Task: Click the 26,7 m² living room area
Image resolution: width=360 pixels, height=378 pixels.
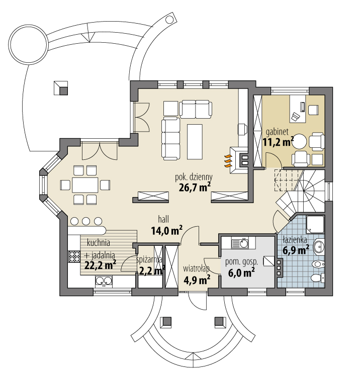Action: (x=194, y=188)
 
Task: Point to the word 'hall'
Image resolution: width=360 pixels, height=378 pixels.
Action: (x=163, y=220)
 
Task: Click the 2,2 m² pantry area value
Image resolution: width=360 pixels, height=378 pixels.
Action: (x=152, y=271)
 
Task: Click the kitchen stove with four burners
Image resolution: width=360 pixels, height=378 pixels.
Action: (x=74, y=256)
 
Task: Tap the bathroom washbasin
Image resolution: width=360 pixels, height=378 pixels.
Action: (x=319, y=247)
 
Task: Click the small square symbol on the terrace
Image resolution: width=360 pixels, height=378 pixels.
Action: (x=60, y=87)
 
